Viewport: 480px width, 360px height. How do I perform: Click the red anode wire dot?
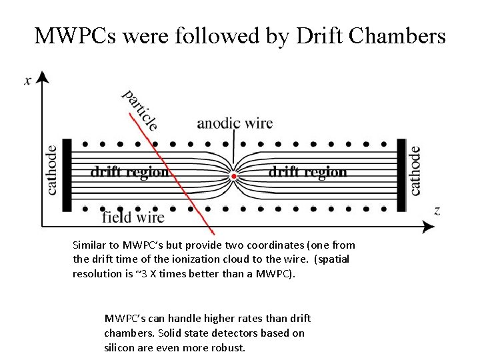tap(233, 176)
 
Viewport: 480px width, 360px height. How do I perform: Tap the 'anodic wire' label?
tap(235, 124)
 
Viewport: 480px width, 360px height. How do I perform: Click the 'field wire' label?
tap(133, 217)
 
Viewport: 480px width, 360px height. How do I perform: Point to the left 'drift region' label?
tap(129, 171)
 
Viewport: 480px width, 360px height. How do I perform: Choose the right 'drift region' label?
tap(307, 171)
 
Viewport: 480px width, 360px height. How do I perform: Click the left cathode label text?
tap(52, 171)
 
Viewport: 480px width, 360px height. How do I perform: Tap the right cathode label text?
tap(415, 171)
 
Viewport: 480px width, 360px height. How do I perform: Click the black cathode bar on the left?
tap(67, 175)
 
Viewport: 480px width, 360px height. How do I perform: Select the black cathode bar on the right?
tap(401, 175)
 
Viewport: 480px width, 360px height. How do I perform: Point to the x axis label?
tap(28, 81)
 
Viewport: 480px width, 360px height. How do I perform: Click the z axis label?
tap(437, 211)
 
